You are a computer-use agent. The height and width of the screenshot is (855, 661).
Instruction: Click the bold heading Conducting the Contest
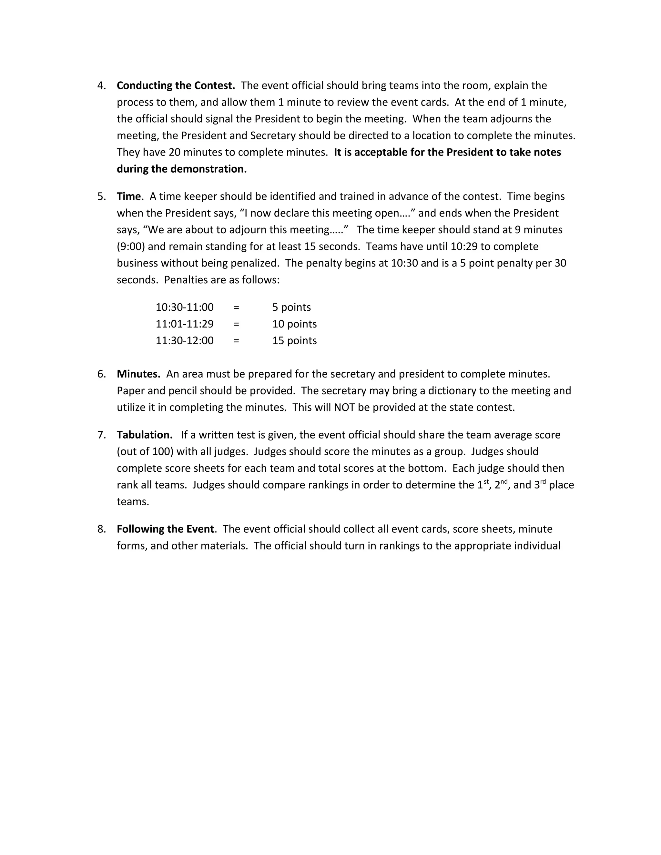[176, 85]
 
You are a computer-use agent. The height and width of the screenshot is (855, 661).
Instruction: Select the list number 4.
[101, 85]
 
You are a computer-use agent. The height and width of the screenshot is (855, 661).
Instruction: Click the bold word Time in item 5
[128, 196]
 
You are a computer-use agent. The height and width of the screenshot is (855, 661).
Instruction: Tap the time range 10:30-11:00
[184, 307]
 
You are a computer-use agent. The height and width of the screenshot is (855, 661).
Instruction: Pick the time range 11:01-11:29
[184, 324]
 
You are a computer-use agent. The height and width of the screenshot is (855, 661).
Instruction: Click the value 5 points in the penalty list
[291, 307]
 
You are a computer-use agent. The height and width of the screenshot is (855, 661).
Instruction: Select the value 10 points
[294, 324]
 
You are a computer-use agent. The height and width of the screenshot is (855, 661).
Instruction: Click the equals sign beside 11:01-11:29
[236, 324]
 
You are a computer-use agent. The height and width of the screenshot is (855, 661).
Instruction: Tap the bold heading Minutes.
[138, 374]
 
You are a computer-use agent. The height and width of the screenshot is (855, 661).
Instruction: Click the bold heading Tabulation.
[145, 435]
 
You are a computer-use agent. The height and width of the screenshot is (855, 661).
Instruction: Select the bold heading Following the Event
[165, 529]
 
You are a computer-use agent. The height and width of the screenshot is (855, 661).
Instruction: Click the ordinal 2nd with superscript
[501, 484]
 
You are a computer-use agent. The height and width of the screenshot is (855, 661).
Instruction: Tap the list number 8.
[101, 529]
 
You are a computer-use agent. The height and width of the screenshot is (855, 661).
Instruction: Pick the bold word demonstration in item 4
[208, 169]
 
